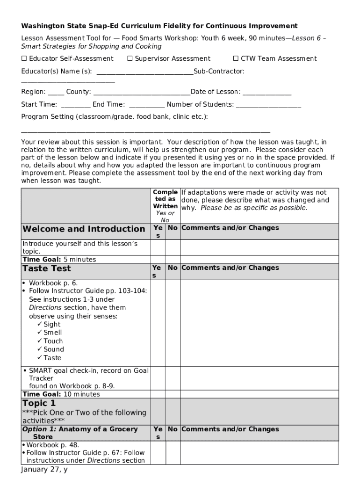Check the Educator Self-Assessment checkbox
[x=24, y=59]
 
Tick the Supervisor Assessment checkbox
[x=130, y=59]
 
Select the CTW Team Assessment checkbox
[x=236, y=59]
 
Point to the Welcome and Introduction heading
[x=84, y=229]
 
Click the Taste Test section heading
[x=47, y=269]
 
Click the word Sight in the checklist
[x=52, y=325]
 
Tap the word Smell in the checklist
[x=52, y=333]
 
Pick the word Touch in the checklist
[x=53, y=341]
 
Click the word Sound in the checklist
[x=54, y=349]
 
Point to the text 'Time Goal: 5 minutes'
[x=59, y=260]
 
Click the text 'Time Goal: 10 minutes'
[x=61, y=394]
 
